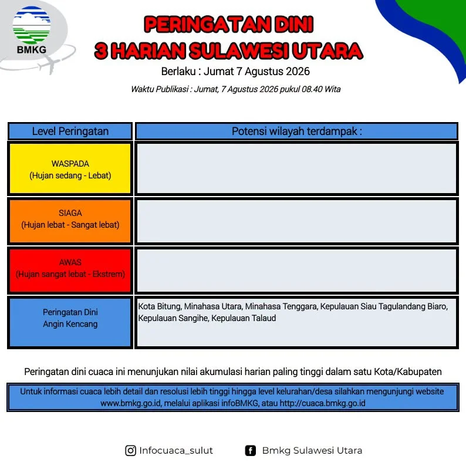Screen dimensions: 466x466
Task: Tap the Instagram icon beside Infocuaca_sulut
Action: (x=130, y=451)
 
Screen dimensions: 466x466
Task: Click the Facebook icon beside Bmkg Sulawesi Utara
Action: (x=250, y=451)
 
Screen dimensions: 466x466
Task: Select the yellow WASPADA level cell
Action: (x=70, y=169)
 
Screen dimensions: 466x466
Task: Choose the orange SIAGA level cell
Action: (x=70, y=221)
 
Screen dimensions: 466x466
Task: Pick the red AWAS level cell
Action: (x=70, y=270)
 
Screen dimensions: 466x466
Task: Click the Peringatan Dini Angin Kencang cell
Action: (x=70, y=322)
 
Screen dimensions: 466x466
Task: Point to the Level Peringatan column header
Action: (x=70, y=131)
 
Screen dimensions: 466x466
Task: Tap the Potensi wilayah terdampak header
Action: (x=296, y=131)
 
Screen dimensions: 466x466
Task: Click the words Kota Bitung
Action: (x=159, y=306)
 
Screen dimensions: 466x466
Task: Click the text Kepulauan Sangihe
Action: (x=173, y=318)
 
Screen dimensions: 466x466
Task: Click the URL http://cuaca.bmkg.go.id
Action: (x=322, y=403)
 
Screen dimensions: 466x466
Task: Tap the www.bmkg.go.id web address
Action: (x=131, y=403)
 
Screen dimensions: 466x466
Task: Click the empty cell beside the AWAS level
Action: (x=296, y=270)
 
